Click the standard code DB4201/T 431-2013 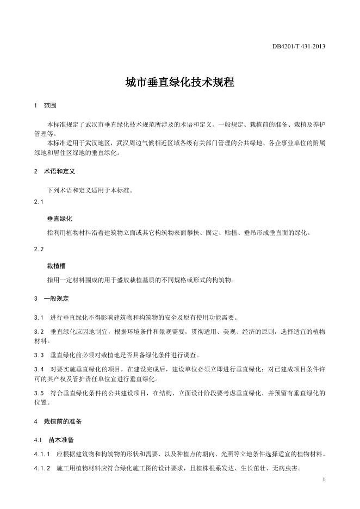point(299,47)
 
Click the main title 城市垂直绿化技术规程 point(179,83)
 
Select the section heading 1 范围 point(45,105)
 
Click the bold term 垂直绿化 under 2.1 point(60,219)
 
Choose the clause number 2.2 point(38,249)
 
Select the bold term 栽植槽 point(57,265)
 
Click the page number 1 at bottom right point(324,480)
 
